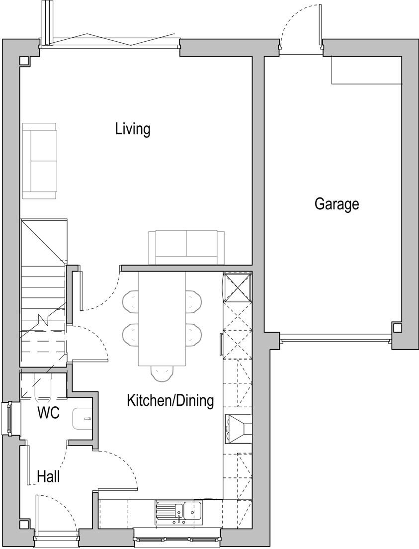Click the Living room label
[133, 129]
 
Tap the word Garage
[336, 204]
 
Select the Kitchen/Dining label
[170, 400]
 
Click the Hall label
[49, 477]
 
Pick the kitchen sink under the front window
[178, 511]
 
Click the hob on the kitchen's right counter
[239, 429]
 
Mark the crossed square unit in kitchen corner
[238, 287]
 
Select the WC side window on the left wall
[8, 418]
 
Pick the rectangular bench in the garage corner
[366, 70]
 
